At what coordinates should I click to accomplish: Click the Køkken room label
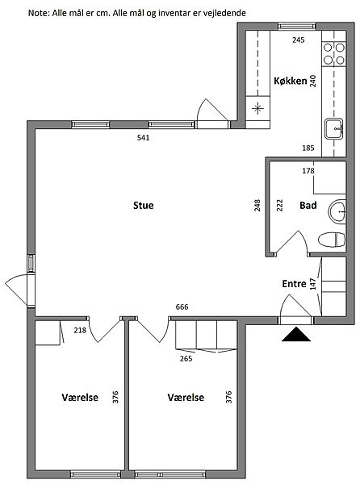click(291, 81)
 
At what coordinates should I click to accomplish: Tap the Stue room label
click(143, 205)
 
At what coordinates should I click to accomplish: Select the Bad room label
click(308, 205)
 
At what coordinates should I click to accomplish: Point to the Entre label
click(294, 284)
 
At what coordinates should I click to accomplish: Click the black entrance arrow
click(296, 334)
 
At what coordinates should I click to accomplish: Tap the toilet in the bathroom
click(332, 240)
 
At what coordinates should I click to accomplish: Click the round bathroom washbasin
click(337, 211)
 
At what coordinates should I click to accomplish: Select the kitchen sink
click(333, 129)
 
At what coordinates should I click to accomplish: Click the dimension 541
click(143, 138)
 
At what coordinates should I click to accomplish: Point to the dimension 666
click(182, 307)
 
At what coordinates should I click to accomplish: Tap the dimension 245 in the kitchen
click(298, 40)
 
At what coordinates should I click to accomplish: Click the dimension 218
click(80, 330)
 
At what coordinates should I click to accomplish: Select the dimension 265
click(186, 359)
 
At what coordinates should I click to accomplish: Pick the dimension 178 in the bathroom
click(308, 171)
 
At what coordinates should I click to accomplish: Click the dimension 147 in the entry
click(313, 284)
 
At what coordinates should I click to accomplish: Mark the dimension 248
click(257, 206)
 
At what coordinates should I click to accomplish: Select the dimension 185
click(308, 148)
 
